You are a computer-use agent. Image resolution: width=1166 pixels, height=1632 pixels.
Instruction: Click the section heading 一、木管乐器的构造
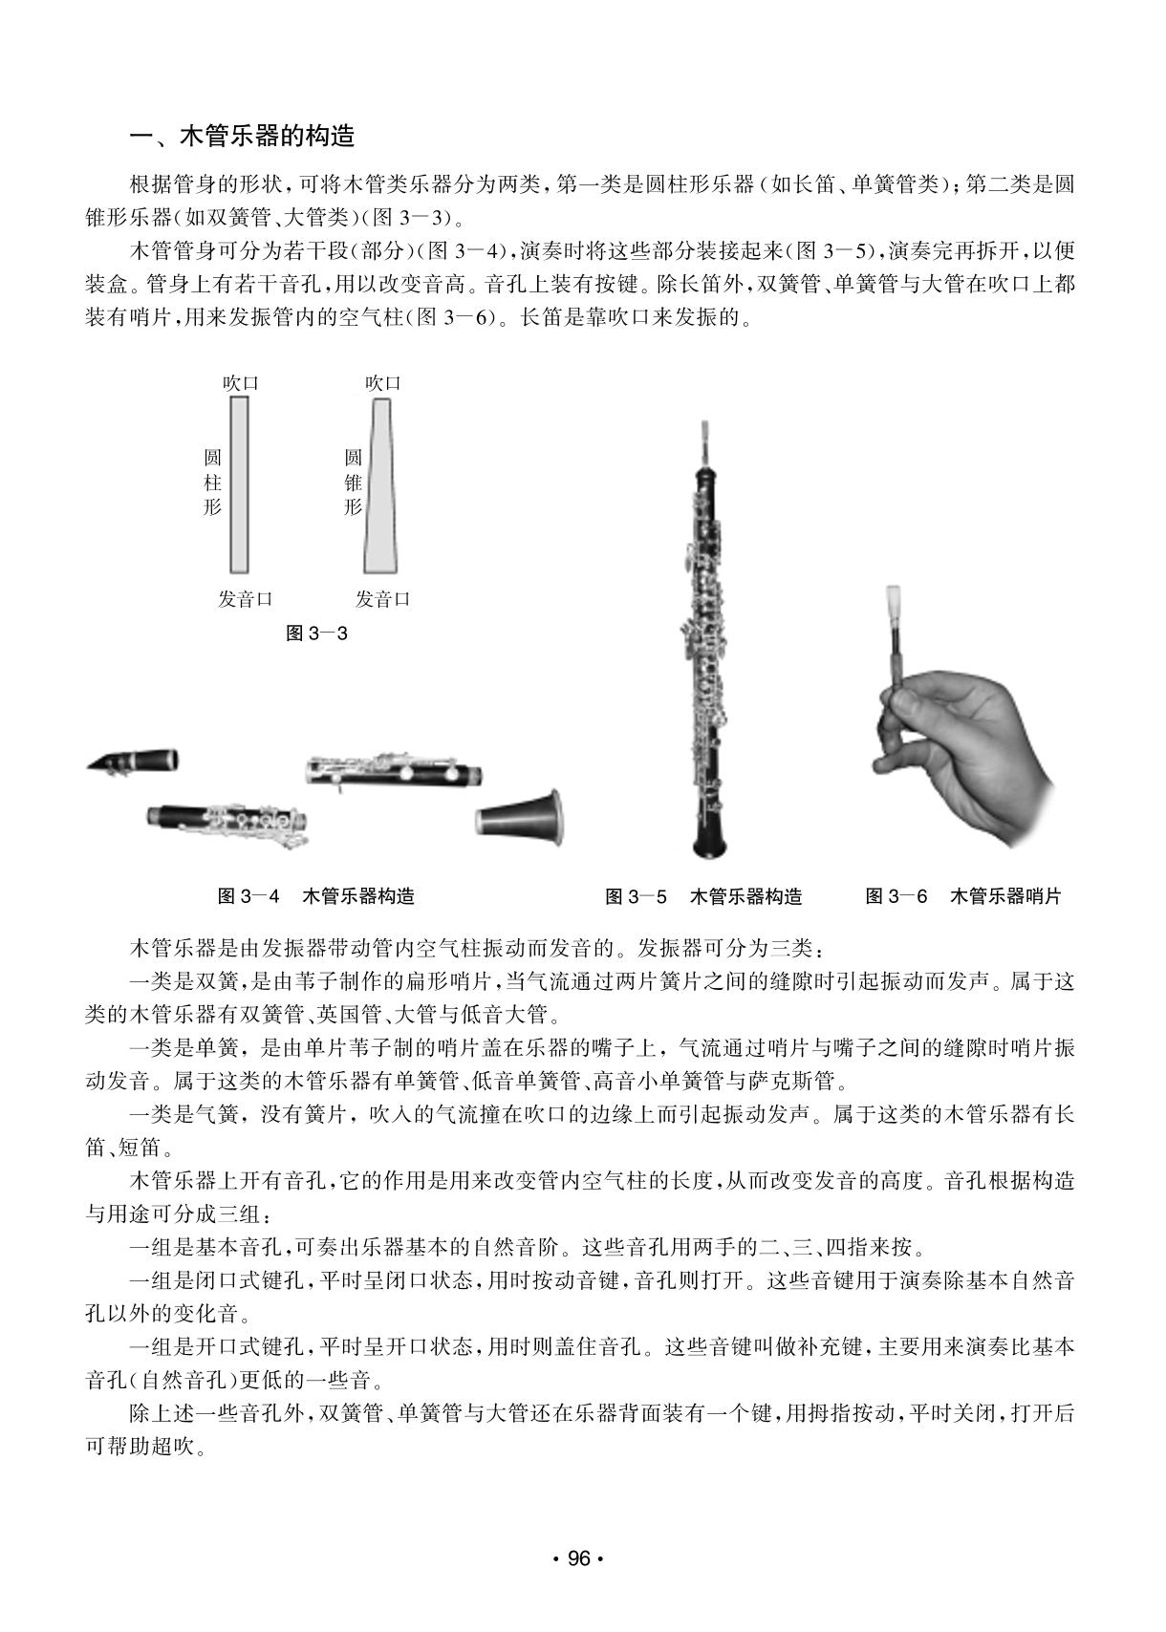click(x=242, y=137)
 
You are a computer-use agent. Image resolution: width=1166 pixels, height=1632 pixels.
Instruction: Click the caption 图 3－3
click(x=316, y=633)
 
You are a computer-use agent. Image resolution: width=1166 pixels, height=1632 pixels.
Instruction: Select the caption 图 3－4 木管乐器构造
click(x=316, y=896)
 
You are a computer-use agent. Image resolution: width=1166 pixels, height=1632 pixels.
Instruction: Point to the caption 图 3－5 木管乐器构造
click(x=703, y=896)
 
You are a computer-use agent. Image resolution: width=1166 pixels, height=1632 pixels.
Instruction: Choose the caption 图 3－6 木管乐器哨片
click(x=962, y=896)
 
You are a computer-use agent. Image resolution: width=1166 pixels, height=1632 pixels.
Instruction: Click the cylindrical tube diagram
click(x=239, y=484)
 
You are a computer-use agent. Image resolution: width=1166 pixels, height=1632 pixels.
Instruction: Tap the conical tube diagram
click(x=379, y=484)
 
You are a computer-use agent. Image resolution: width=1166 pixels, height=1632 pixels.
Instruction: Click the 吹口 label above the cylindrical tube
click(x=240, y=383)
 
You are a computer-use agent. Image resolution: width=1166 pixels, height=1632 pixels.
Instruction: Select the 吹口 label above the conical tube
click(x=382, y=383)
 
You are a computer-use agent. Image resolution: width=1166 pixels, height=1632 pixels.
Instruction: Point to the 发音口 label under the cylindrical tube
click(x=245, y=599)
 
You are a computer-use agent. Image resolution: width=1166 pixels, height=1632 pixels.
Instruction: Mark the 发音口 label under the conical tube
click(x=382, y=599)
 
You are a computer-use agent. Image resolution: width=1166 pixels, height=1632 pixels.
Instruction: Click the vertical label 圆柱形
click(x=212, y=483)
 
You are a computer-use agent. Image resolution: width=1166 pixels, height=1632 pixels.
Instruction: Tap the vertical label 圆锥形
click(x=354, y=483)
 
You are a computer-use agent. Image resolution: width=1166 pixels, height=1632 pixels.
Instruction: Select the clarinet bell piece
click(x=519, y=816)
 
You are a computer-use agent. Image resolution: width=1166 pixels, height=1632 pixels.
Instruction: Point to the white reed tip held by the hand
click(x=896, y=600)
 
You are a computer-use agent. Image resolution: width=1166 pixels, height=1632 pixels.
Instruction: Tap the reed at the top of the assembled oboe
click(x=704, y=437)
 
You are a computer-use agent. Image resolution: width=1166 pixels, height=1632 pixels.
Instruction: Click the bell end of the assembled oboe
click(x=709, y=836)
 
